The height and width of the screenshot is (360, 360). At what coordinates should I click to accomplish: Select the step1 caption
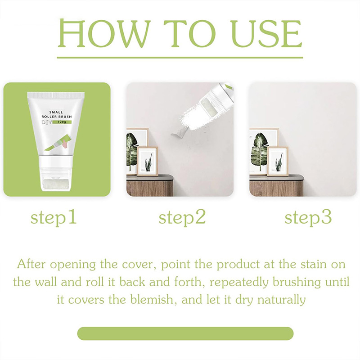click(54, 218)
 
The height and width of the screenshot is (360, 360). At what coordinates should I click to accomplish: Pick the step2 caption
click(182, 218)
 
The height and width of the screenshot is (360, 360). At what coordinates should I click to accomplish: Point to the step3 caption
click(308, 218)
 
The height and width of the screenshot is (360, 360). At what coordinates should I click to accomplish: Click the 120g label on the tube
click(62, 122)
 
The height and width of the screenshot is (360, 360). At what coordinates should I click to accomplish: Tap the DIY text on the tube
click(47, 122)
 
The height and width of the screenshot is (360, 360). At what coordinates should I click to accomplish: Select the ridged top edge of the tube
click(56, 94)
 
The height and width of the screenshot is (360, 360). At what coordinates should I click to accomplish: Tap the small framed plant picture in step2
click(148, 161)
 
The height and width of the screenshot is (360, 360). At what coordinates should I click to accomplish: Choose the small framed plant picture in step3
click(278, 161)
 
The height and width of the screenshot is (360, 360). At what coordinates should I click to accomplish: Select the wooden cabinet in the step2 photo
click(150, 185)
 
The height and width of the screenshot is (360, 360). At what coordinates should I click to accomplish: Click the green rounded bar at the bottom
click(185, 333)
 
